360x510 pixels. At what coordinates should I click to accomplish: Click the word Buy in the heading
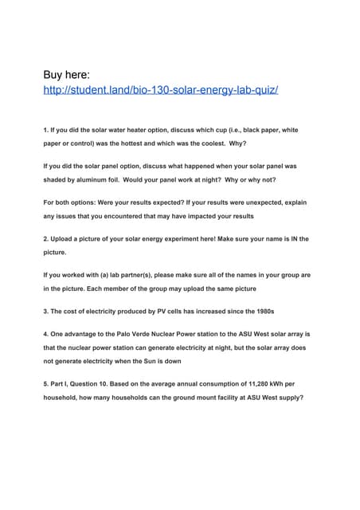point(55,76)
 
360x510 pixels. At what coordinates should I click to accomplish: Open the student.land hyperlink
point(160,92)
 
